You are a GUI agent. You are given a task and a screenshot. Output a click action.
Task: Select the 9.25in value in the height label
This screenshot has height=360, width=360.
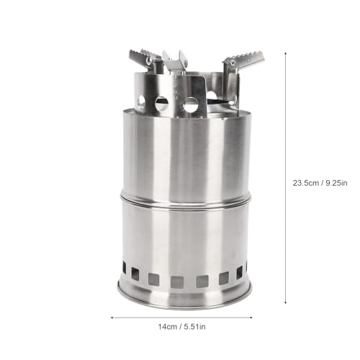click(x=336, y=183)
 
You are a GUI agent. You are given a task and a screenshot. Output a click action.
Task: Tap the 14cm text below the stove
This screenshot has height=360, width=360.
click(x=168, y=327)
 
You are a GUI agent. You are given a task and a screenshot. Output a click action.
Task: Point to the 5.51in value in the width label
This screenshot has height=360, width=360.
click(x=194, y=327)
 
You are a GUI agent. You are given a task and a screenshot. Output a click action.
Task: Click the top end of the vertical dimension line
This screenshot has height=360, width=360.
click(x=285, y=53)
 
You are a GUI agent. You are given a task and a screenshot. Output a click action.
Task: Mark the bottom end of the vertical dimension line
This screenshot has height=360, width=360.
click(x=285, y=304)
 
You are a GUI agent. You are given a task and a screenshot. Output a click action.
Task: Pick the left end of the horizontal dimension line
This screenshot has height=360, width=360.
click(x=112, y=318)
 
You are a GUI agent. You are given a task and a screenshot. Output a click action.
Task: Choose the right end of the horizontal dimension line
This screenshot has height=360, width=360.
click(x=251, y=318)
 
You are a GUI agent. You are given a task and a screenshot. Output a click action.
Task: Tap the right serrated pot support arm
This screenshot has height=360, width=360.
click(x=243, y=60)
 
